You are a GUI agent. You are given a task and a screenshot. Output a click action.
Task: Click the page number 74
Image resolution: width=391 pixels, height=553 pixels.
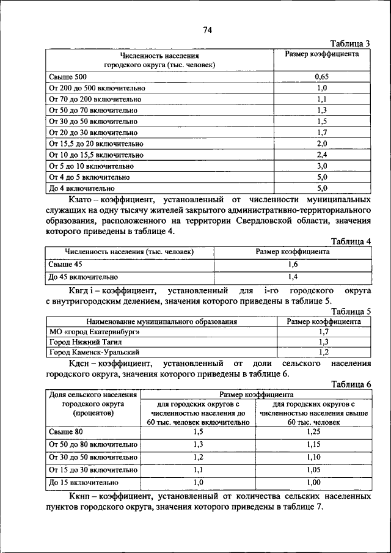[x=207, y=31]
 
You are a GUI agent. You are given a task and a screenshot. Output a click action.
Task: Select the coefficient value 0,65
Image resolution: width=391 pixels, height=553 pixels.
[x=322, y=77]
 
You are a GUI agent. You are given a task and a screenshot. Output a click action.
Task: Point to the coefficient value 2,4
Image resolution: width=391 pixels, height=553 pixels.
[x=322, y=155]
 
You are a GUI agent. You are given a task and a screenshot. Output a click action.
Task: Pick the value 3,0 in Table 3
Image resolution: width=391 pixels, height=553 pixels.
[x=322, y=166]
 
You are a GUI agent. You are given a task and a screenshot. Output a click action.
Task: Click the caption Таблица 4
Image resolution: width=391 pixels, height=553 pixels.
[x=351, y=241]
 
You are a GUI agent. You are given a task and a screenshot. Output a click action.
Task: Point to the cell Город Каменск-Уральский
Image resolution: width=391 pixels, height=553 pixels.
[x=94, y=353]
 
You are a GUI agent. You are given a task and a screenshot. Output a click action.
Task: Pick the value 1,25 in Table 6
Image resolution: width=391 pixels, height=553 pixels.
[x=313, y=432]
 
